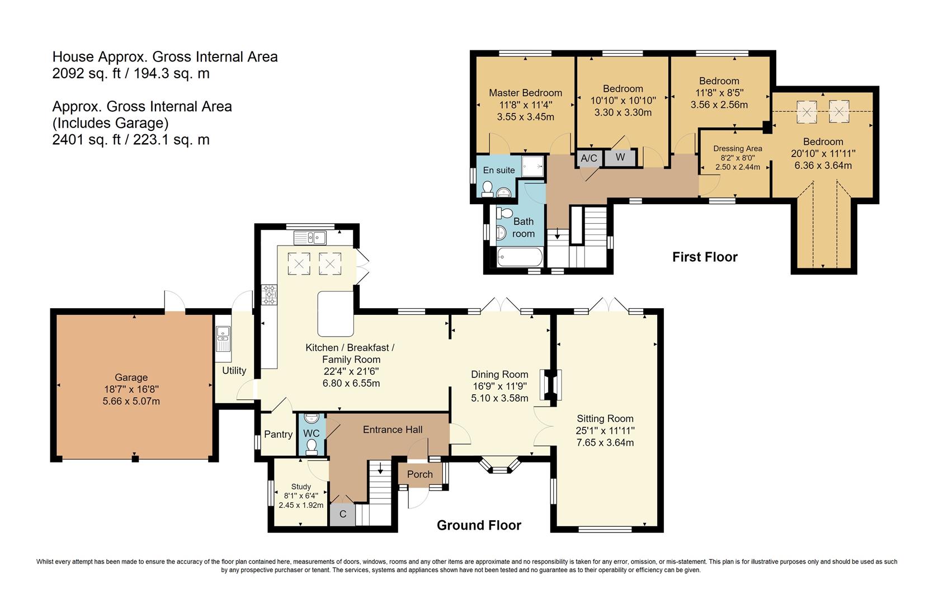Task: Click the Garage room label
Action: [131, 377]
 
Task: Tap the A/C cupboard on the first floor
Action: [589, 158]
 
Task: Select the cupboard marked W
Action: [620, 157]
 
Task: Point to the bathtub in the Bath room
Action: [520, 257]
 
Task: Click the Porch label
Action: [419, 474]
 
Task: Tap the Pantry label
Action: [279, 435]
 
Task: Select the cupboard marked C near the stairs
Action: [342, 515]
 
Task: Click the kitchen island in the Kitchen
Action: [336, 314]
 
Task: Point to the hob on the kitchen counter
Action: [269, 295]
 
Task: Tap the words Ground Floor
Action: [479, 525]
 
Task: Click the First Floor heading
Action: [705, 257]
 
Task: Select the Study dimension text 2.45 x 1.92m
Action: [301, 505]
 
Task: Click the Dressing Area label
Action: [737, 149]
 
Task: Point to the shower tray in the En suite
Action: [532, 166]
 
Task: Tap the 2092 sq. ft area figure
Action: [86, 73]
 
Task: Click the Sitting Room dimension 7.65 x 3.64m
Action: [605, 442]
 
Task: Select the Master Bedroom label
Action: [526, 93]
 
